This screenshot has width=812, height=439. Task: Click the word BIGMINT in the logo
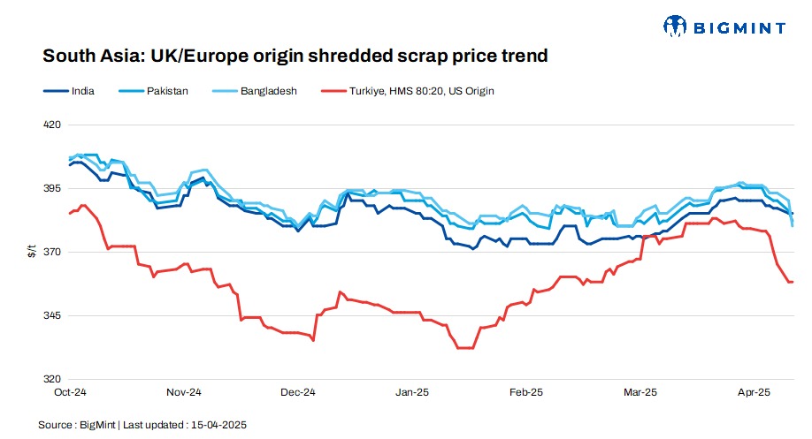(x=740, y=27)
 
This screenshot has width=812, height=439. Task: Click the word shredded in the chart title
(x=328, y=57)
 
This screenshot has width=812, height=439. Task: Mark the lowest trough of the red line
(x=465, y=348)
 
